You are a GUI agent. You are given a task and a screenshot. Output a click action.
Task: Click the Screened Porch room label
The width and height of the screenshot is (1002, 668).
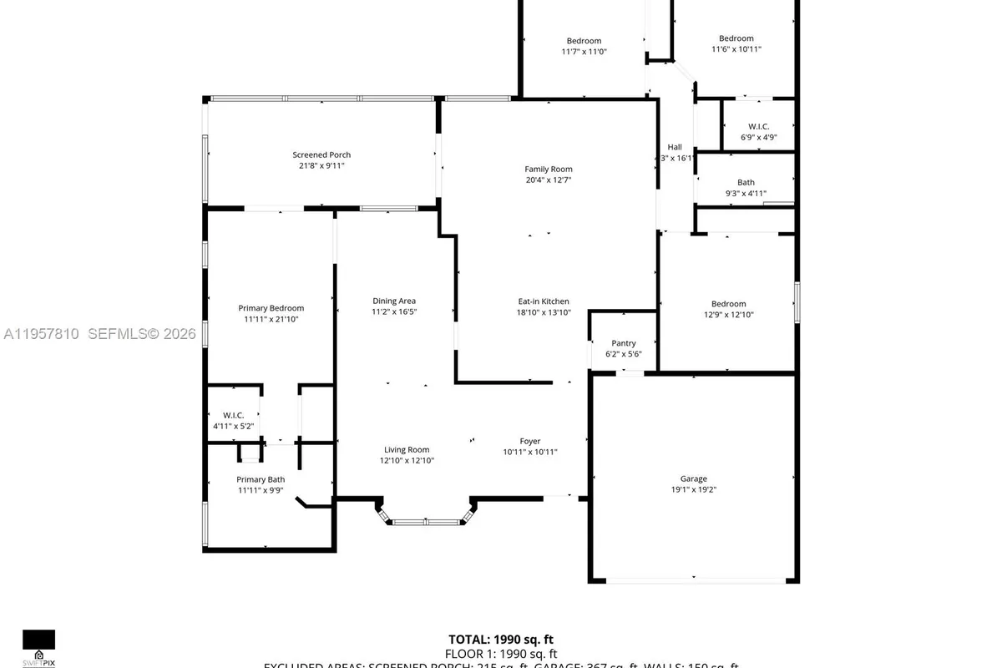pos(321,154)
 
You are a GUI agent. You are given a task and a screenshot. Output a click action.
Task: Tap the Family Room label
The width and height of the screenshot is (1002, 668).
pos(549,169)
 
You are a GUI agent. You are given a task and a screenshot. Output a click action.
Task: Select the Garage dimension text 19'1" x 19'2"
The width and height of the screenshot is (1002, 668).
pos(693,490)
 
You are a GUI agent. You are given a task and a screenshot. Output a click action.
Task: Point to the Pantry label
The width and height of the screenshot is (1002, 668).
pos(624,343)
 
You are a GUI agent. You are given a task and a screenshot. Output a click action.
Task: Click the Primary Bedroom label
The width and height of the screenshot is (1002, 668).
pos(271,308)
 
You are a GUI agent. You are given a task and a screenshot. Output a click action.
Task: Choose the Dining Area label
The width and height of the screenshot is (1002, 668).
pos(394,301)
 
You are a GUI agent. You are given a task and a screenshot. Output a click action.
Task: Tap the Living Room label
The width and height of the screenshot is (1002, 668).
pos(407,449)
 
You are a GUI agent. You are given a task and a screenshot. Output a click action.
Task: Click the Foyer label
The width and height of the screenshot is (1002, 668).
pos(530,441)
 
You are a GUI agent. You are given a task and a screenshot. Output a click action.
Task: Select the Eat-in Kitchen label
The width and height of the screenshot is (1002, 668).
pos(544,301)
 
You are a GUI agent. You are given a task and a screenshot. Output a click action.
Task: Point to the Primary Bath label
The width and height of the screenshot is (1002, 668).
pos(261,479)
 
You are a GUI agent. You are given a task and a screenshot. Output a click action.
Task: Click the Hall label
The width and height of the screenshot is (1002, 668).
pos(675,147)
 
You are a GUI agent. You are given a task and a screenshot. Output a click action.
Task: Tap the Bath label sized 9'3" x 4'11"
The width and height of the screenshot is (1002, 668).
pos(746,182)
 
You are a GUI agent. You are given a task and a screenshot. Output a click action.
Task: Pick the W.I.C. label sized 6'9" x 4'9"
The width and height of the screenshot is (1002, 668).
pos(758,126)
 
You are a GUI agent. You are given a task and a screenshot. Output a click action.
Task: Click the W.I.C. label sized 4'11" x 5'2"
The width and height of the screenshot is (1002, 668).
pos(232,415)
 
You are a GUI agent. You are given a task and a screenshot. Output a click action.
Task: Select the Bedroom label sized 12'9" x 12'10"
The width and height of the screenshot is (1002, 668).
pos(729,304)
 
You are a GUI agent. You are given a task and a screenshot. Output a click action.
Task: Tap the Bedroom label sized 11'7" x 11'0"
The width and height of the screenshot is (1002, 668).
pos(584,41)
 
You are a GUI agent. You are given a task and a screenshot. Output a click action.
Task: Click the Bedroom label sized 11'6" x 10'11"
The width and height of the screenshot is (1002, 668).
pos(736,38)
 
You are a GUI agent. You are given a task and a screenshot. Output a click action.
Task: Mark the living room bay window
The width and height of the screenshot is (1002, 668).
pos(426,522)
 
